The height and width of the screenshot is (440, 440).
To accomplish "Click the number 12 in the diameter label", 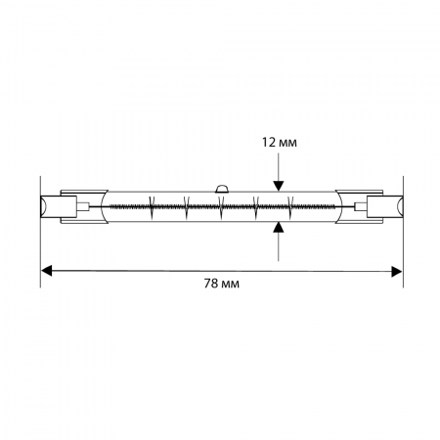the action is pyautogui.click(x=269, y=143).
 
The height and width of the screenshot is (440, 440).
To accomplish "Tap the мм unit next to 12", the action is pyautogui.click(x=288, y=144).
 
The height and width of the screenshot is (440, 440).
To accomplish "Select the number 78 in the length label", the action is pyautogui.click(x=211, y=284).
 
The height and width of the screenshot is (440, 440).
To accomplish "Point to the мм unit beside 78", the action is pyautogui.click(x=230, y=285).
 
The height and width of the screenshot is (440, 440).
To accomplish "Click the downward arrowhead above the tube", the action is pyautogui.click(x=278, y=186).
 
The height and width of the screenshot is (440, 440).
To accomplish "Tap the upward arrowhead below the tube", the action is pyautogui.click(x=278, y=227).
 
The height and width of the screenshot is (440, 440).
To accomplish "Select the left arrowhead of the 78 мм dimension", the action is pyautogui.click(x=46, y=271).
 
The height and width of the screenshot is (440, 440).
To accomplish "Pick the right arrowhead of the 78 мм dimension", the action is pyautogui.click(x=397, y=271).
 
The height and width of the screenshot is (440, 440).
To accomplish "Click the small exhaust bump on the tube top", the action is pyautogui.click(x=222, y=189).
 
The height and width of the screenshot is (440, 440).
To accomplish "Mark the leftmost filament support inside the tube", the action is pyautogui.click(x=152, y=207).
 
